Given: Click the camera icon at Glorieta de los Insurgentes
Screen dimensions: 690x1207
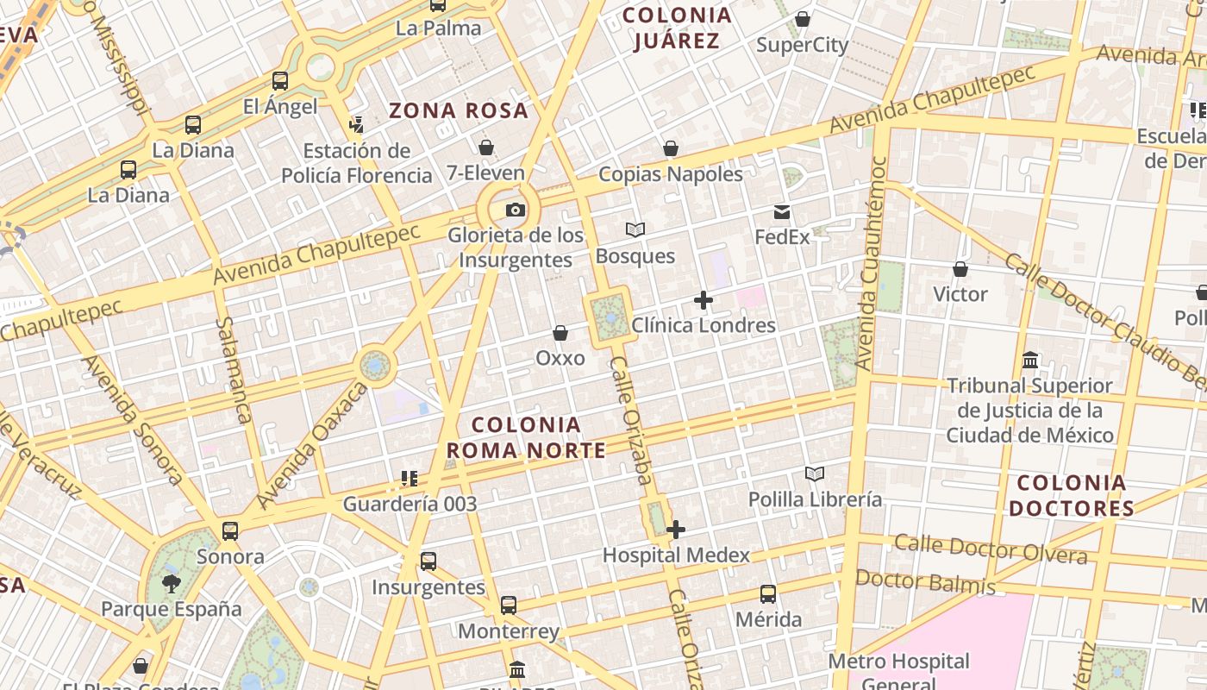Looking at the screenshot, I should tap(515, 210).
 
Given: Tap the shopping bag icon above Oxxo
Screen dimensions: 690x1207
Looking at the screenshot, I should tap(560, 333).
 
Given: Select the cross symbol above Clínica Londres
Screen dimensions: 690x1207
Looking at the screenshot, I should tap(704, 300).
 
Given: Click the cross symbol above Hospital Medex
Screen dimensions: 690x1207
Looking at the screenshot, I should tap(676, 530).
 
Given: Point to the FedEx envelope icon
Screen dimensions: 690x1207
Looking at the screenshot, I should tap(782, 212).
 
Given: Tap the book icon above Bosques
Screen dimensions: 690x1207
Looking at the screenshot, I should tap(635, 230).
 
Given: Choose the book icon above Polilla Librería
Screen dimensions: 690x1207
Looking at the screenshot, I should tap(815, 474).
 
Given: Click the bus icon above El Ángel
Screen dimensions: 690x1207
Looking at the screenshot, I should tap(280, 81).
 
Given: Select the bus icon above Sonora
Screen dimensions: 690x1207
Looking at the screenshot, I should tap(230, 531).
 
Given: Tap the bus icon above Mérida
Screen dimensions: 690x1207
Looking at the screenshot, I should tap(768, 594).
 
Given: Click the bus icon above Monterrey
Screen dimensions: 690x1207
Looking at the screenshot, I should tap(509, 605).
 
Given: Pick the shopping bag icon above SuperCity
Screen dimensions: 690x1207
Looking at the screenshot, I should tap(803, 19).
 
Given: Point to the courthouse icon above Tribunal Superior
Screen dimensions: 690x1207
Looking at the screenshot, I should tap(1030, 360).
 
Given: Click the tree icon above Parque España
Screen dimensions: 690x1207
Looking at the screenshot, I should tap(172, 583).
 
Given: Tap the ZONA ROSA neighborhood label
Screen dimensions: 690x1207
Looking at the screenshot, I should tap(458, 110).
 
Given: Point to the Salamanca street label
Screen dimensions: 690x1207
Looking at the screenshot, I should tap(235, 370).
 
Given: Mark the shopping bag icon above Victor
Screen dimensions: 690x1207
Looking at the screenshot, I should tap(960, 269).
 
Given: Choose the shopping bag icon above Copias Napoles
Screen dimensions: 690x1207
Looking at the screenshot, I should tap(671, 148).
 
